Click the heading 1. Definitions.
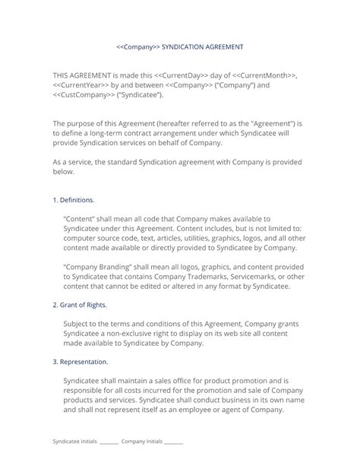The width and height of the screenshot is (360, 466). coord(74,200)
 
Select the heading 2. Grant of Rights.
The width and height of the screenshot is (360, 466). coord(80,304)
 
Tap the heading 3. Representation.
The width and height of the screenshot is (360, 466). coord(81,362)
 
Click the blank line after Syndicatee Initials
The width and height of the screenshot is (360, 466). coord(108,442)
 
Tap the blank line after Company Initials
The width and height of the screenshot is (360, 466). coord(173,442)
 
